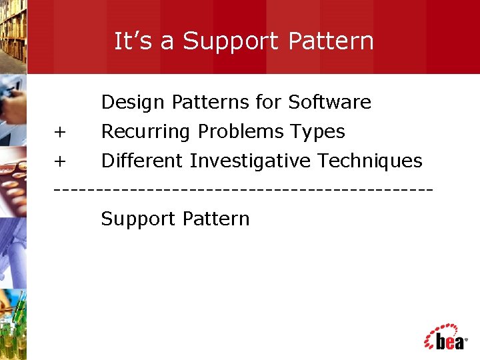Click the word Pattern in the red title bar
pyautogui.click(x=331, y=41)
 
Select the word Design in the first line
pyautogui.click(x=133, y=103)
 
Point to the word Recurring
pyautogui.click(x=145, y=132)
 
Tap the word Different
pyautogui.click(x=142, y=161)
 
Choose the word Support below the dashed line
pyautogui.click(x=138, y=219)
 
